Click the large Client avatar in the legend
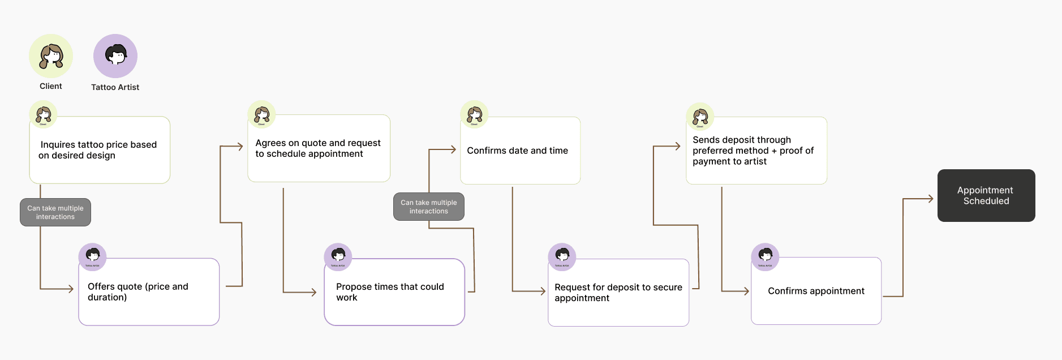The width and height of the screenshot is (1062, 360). click(x=51, y=56)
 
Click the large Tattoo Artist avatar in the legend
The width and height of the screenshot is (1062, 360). click(x=115, y=56)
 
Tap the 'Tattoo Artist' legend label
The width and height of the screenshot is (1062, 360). click(x=115, y=87)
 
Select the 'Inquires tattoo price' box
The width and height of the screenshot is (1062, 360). click(x=100, y=150)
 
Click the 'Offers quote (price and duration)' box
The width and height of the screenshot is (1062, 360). click(x=149, y=292)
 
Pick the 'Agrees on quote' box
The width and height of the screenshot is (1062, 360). click(x=319, y=148)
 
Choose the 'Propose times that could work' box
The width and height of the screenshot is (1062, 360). click(x=394, y=292)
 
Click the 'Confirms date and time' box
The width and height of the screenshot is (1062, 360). click(x=520, y=151)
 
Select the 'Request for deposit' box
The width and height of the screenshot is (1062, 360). click(x=618, y=293)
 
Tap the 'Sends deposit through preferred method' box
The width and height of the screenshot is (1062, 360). click(x=756, y=151)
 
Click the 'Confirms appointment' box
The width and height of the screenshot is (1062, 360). click(x=816, y=291)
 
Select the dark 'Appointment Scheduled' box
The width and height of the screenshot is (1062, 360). click(x=986, y=195)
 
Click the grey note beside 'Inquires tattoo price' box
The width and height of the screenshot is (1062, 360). click(x=55, y=212)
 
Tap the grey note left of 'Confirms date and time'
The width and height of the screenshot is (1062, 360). click(x=429, y=207)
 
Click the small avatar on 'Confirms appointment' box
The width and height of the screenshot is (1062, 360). click(x=765, y=257)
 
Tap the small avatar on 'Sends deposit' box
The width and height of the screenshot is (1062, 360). click(x=700, y=117)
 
